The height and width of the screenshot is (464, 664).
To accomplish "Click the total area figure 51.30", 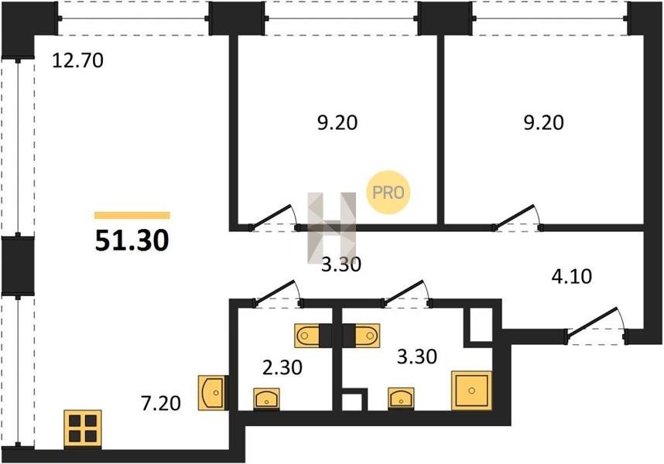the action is pos(132,241).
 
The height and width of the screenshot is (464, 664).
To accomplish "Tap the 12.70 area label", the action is pos(78,60).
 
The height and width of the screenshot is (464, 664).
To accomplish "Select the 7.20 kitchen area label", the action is pos(161,403).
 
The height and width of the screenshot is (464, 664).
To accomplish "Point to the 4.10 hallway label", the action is pos(572,277).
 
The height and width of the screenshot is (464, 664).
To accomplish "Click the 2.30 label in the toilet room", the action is pos(282,367).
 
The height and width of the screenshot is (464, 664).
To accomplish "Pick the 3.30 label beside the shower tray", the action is pos(417,357).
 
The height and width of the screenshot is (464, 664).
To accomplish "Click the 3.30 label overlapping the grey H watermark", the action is pos(341,264).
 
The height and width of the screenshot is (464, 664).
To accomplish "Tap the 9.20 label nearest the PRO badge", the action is pos(337,123).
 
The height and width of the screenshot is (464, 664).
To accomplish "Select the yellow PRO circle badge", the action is pos(388,193).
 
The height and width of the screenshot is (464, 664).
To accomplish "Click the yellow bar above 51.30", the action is pos(132,216).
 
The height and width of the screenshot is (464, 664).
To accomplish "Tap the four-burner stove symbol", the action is pos(83,428).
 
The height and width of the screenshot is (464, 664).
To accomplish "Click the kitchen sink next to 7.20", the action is pos(212,393).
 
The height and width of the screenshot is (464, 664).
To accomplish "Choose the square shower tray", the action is pos(472,391).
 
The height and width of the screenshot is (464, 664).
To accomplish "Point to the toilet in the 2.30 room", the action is pos(308,336).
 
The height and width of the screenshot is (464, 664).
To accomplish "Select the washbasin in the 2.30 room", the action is pos(266,398).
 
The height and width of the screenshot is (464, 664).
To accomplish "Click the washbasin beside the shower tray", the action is pos(401,398).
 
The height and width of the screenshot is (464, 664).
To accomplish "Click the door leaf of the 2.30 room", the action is pos(276,291).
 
